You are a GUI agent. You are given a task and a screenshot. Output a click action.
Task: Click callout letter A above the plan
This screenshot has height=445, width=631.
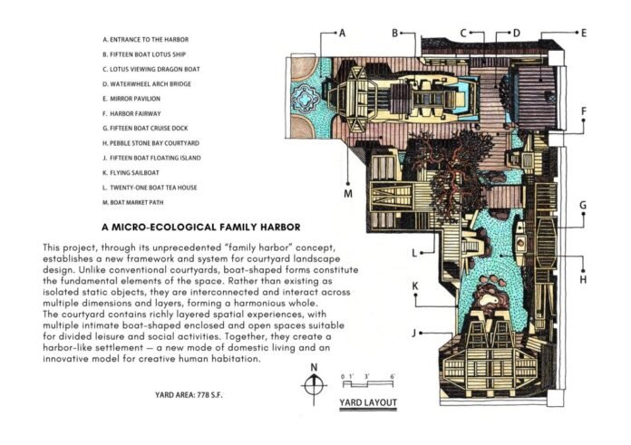(342, 33)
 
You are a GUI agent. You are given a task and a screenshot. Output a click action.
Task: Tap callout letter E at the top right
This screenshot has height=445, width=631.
(584, 33)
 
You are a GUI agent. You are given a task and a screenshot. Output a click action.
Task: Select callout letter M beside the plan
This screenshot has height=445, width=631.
(348, 194)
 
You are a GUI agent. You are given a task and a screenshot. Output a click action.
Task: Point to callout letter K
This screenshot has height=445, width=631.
(415, 285)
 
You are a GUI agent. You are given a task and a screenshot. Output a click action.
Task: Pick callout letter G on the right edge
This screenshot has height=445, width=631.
(583, 205)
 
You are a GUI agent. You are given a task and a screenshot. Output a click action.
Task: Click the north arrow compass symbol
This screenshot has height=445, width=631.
(314, 385)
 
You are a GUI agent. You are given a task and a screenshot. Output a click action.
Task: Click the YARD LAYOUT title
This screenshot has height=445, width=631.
(368, 402)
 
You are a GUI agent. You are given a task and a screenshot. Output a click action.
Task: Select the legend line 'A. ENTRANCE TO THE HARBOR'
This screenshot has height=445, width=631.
(146, 40)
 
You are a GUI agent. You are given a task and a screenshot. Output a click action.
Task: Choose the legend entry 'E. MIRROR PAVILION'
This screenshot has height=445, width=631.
(131, 99)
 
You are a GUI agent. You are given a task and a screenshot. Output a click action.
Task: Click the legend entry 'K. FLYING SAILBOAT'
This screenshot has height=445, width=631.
(131, 172)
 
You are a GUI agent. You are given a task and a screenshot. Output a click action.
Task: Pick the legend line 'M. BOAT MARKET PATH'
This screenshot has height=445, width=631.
(133, 202)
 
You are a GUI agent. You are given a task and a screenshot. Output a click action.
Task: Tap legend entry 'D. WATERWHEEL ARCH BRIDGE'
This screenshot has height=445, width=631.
(147, 83)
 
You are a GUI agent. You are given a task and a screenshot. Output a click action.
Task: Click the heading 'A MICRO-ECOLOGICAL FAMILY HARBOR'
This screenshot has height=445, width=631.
(201, 227)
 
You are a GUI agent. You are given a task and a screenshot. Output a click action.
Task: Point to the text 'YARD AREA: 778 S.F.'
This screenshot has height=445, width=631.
(189, 395)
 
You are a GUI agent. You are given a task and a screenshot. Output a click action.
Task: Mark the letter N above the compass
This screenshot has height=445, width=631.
(314, 367)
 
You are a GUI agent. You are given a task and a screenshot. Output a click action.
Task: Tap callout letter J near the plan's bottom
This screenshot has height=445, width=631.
(414, 334)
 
